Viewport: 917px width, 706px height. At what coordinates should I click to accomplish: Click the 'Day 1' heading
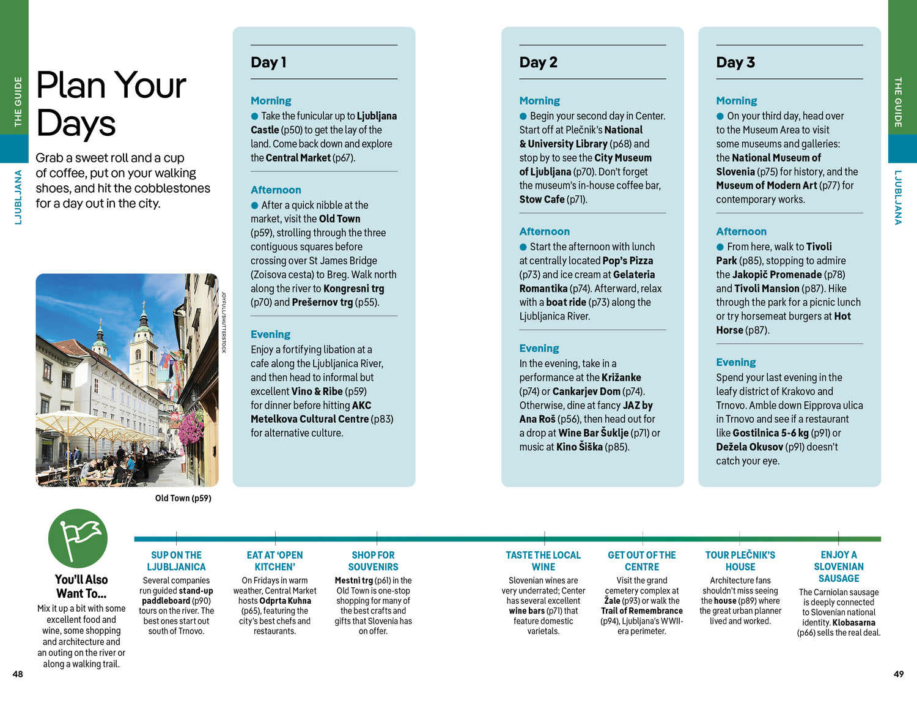click(268, 62)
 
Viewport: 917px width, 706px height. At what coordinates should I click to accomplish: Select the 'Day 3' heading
click(735, 62)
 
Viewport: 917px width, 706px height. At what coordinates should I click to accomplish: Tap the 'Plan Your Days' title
click(111, 104)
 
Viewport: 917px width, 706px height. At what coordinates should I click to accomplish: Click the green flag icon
click(78, 538)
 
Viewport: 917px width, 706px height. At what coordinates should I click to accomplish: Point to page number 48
click(18, 674)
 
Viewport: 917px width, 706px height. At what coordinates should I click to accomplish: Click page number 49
click(898, 674)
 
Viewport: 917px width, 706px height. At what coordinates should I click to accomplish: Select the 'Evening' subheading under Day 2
click(539, 349)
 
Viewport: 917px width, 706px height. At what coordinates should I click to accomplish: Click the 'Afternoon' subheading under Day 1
click(276, 190)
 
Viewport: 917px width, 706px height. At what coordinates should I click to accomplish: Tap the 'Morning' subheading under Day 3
click(736, 101)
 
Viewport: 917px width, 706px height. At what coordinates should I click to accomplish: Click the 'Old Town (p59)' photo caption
click(183, 499)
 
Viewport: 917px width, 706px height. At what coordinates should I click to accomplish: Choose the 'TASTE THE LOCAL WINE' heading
click(543, 561)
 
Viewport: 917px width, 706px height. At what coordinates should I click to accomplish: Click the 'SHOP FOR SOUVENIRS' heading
click(373, 561)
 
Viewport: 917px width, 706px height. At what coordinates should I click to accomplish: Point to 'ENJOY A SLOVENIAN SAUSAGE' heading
click(839, 567)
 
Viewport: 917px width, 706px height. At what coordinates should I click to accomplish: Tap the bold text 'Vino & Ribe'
click(317, 392)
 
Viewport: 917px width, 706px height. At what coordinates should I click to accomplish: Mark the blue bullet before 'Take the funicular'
click(255, 116)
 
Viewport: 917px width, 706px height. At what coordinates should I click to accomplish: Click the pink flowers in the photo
click(191, 426)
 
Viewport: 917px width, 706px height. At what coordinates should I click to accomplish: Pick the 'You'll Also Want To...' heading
click(81, 586)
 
